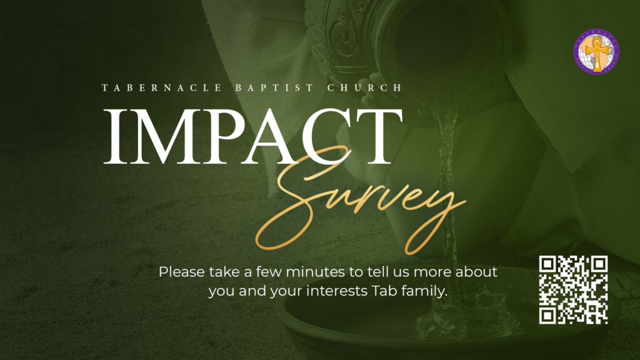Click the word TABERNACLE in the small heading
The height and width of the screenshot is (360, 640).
coord(162,87)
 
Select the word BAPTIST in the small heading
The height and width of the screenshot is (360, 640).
coord(274,87)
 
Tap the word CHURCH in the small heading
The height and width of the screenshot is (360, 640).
coord(365,87)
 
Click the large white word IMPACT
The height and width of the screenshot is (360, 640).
coord(253,136)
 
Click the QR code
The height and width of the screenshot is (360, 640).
coord(574,290)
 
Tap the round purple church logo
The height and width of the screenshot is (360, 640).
coord(596,51)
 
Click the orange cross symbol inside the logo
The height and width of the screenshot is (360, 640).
coord(597,53)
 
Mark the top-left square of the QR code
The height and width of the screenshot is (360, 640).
coord(547,264)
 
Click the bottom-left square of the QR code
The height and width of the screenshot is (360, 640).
coord(547,316)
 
